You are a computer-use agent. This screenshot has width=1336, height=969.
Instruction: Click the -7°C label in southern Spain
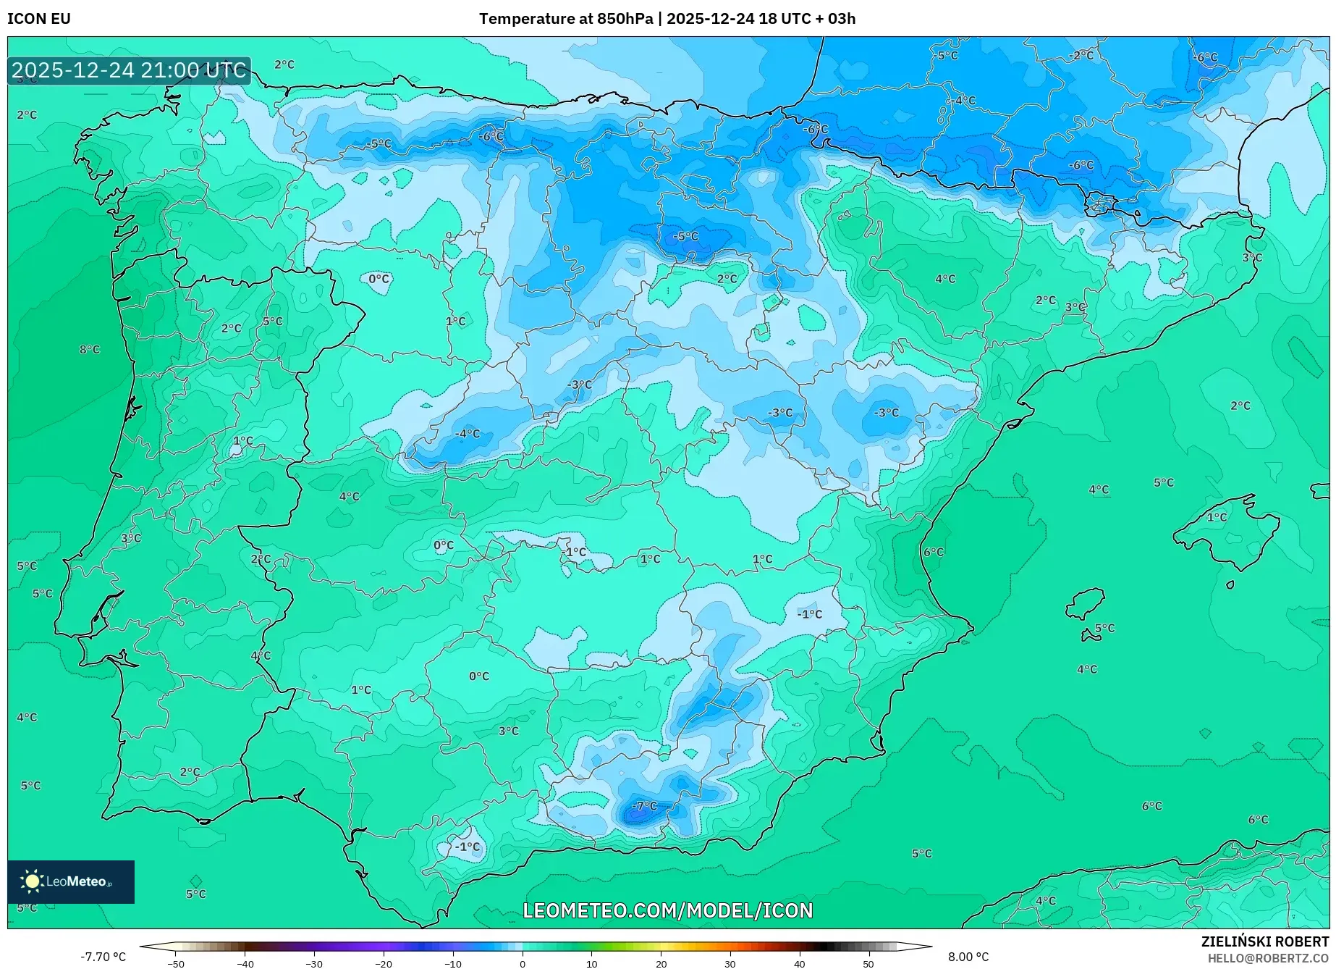pyautogui.click(x=644, y=805)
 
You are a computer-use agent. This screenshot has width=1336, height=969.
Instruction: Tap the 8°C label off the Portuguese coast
pyautogui.click(x=90, y=350)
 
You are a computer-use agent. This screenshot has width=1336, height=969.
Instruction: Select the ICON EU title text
pyautogui.click(x=39, y=19)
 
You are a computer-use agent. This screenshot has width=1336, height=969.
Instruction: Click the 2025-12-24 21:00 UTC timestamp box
pyautogui.click(x=130, y=70)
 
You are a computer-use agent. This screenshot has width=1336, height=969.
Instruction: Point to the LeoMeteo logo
pyautogui.click(x=71, y=881)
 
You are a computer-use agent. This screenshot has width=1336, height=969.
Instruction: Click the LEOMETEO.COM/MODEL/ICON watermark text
pyautogui.click(x=667, y=910)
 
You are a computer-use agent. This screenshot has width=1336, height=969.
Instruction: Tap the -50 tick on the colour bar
pyautogui.click(x=176, y=963)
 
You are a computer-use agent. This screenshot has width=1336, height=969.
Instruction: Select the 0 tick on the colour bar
pyautogui.click(x=523, y=963)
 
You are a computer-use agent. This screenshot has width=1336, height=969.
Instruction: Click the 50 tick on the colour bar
pyautogui.click(x=868, y=963)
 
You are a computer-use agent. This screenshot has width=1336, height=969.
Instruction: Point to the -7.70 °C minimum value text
pyautogui.click(x=103, y=957)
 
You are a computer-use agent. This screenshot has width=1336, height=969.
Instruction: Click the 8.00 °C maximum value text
pyautogui.click(x=968, y=957)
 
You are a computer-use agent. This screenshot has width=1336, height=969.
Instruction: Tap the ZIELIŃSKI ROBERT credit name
pyautogui.click(x=1265, y=941)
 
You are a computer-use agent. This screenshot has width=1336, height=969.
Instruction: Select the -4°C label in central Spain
pyautogui.click(x=468, y=434)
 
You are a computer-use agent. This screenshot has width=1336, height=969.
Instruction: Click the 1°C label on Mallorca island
pyautogui.click(x=1217, y=517)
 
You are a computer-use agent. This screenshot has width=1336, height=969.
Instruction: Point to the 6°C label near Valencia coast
pyautogui.click(x=934, y=552)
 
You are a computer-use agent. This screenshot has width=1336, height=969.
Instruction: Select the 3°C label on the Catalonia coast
pyautogui.click(x=1252, y=258)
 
